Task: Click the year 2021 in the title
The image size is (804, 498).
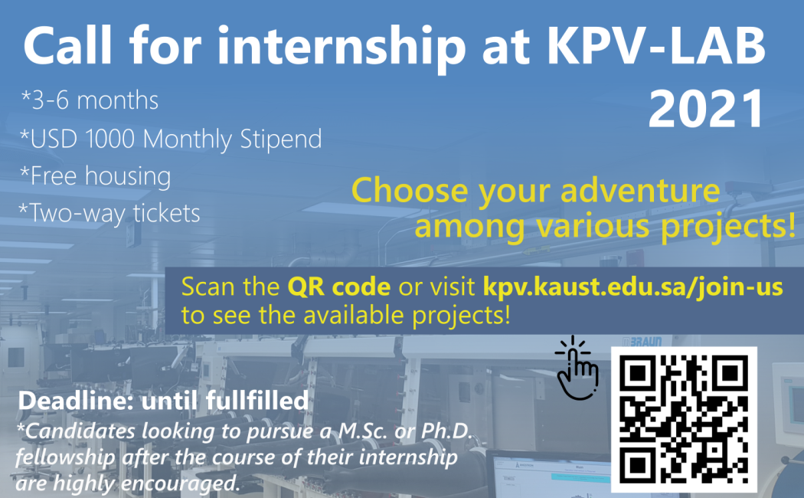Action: tap(707, 109)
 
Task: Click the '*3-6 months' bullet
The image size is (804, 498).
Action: tap(90, 100)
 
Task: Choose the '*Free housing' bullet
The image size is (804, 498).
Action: tap(96, 176)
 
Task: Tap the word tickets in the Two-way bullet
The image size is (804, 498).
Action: tap(167, 213)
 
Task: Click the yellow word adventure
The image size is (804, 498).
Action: tap(640, 190)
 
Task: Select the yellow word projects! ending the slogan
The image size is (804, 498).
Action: tap(727, 227)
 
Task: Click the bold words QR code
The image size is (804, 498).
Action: tap(339, 287)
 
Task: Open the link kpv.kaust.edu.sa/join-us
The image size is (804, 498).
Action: tap(632, 287)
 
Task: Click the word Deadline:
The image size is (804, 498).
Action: tap(76, 401)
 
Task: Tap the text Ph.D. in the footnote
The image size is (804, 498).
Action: tap(446, 431)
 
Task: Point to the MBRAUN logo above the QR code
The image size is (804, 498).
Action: tap(642, 341)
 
